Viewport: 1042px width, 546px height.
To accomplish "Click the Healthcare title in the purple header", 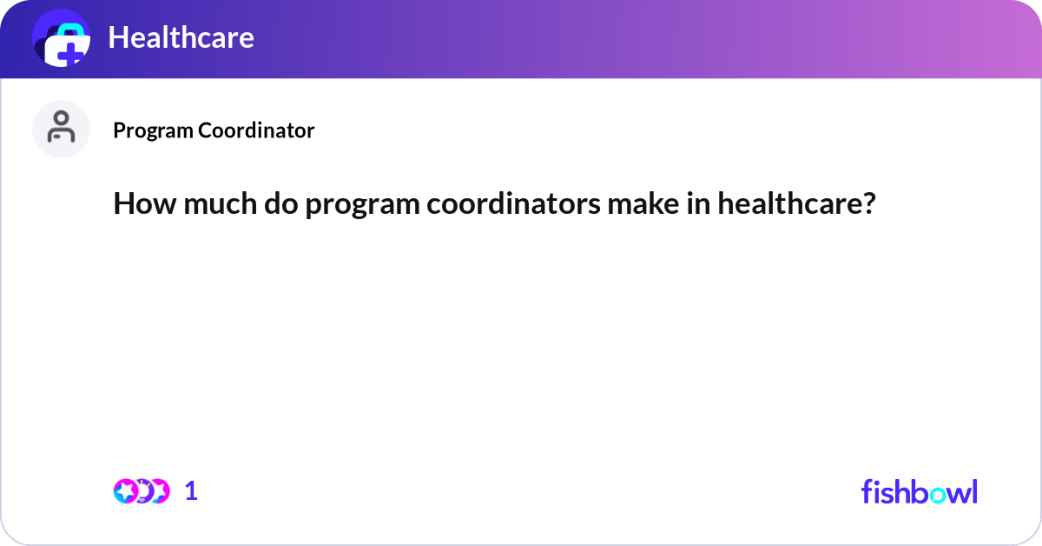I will tap(181, 37).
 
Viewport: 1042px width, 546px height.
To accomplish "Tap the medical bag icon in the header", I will tap(61, 39).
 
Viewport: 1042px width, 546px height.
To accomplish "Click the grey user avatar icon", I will tap(61, 129).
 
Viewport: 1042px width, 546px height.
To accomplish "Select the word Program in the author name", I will tap(153, 130).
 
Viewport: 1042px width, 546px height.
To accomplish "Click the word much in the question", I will tap(207, 205).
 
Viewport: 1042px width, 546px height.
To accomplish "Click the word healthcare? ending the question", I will tap(796, 205).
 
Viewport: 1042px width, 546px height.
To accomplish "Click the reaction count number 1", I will tap(191, 491).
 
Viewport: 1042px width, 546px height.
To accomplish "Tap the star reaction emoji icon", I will tap(125, 491).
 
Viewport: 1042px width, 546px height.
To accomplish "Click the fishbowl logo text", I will tap(919, 491).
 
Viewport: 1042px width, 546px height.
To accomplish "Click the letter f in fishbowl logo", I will tap(867, 491).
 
